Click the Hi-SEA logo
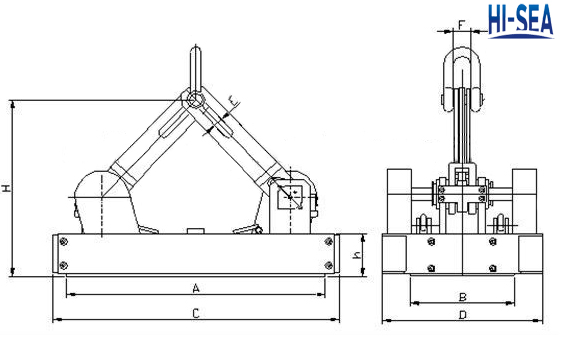click(x=521, y=21)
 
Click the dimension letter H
click(x=7, y=188)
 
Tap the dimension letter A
click(x=196, y=288)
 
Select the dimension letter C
click(x=196, y=313)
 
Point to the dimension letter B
click(x=463, y=297)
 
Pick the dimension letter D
click(x=463, y=315)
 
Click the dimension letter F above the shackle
click(x=462, y=25)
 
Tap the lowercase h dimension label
click(x=357, y=255)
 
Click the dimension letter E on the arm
click(x=234, y=102)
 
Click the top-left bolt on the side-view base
click(x=63, y=242)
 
